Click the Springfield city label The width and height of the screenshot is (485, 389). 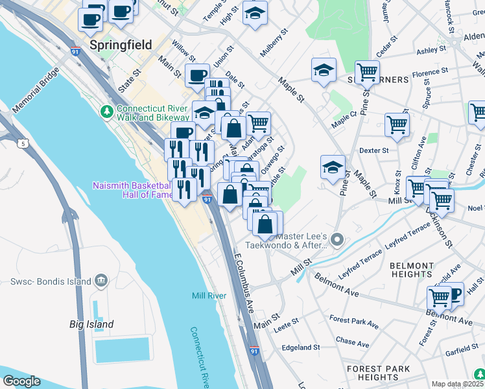click(x=121, y=45)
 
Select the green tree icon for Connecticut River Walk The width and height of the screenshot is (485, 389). click(x=107, y=112)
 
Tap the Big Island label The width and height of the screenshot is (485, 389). click(x=91, y=324)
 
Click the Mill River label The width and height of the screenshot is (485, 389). click(x=209, y=296)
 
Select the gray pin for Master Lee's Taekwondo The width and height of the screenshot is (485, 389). click(x=337, y=241)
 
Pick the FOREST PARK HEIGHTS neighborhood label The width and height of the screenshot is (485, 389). click(x=377, y=373)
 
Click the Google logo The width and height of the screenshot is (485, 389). click(x=21, y=381)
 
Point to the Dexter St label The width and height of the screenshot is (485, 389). click(x=373, y=150)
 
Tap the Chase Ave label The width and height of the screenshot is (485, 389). click(x=352, y=341)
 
